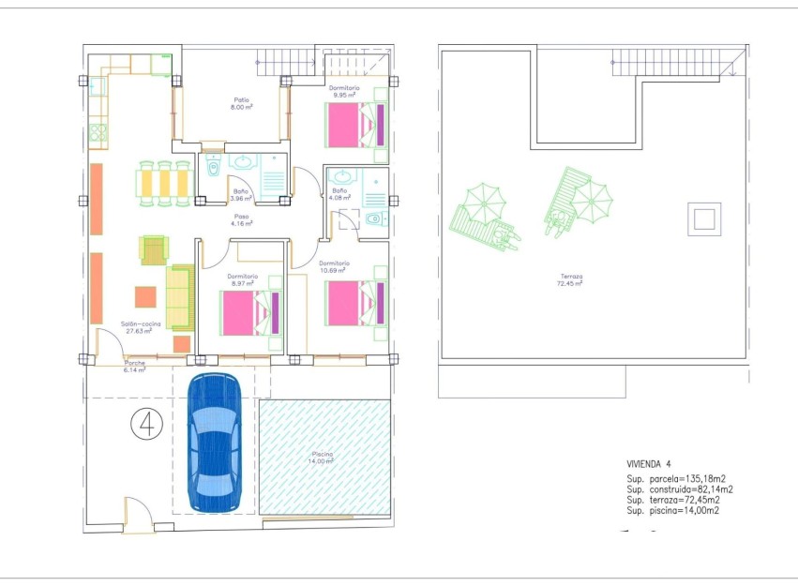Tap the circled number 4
145,424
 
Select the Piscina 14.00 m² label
323,458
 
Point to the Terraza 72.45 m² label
572,279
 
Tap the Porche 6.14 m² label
129,366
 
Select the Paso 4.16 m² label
242,220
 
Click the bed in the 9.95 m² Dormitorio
355,125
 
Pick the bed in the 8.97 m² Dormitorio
249,313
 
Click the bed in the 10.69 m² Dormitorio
355,303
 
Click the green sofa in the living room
179,294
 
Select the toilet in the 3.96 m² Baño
212,171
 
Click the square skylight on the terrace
702,219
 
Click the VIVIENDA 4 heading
649,464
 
